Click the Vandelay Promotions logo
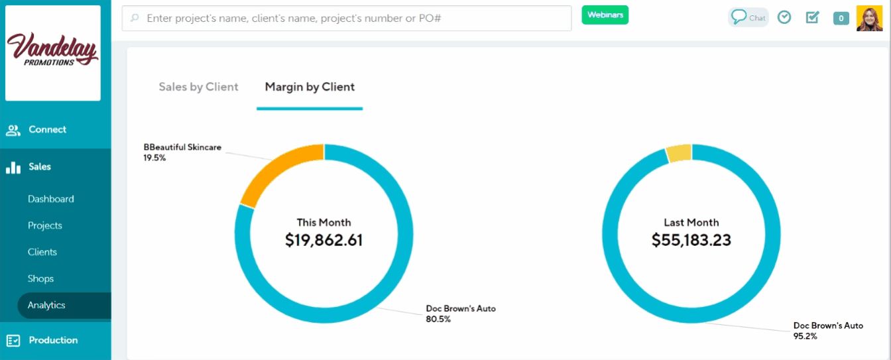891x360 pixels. (x=53, y=53)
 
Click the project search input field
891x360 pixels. (x=347, y=19)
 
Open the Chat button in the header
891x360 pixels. (x=748, y=17)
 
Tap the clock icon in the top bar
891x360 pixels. (x=784, y=17)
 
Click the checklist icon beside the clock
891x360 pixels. (x=812, y=17)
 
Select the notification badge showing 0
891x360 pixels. (x=841, y=19)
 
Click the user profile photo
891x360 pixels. (x=869, y=19)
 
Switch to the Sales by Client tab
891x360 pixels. (x=198, y=87)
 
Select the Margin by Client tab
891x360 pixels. (x=310, y=87)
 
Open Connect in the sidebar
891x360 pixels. (x=47, y=130)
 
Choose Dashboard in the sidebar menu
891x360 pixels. (x=51, y=199)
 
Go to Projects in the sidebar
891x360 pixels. (x=45, y=225)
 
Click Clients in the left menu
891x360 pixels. (x=42, y=252)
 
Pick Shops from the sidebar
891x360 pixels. (x=40, y=278)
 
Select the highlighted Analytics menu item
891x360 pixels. (x=46, y=305)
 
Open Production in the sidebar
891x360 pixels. (x=53, y=340)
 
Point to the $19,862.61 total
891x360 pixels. (x=324, y=240)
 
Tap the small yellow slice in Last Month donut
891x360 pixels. (x=679, y=153)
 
